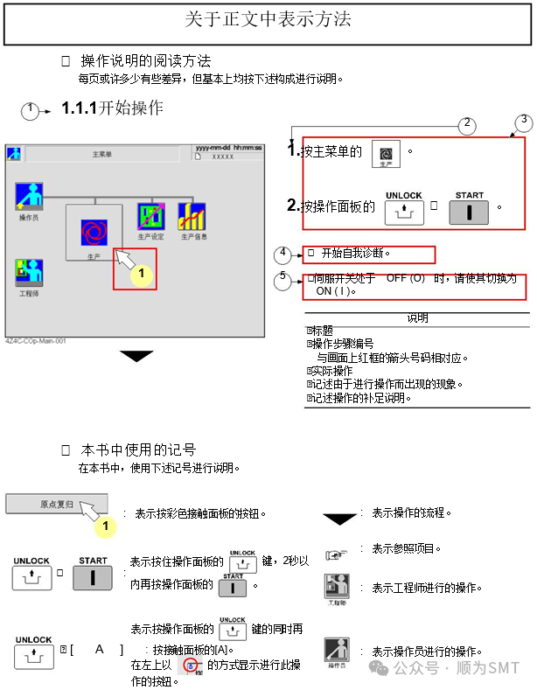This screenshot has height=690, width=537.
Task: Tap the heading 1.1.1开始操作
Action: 112,108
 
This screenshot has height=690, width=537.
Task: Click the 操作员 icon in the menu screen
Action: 29,196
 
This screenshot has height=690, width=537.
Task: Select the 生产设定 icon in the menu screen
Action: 150,215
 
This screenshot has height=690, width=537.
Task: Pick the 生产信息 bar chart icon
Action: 192,215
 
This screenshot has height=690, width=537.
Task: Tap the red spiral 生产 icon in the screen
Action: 94,232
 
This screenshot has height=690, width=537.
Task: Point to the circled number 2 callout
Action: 468,124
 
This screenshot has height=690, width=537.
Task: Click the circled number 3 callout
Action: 523,120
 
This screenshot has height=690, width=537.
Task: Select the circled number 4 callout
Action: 282,254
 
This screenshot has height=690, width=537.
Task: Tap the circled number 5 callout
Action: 282,278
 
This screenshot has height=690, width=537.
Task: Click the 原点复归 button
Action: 57,505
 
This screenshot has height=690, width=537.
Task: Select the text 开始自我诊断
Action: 353,254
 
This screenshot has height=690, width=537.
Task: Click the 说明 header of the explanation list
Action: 417,318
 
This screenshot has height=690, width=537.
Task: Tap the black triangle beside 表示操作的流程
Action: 339,518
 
